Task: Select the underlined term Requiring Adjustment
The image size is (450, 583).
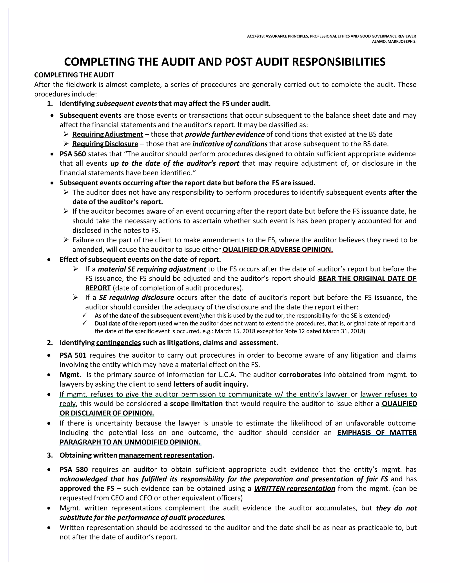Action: point(107,134)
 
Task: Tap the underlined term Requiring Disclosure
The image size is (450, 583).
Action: point(105,144)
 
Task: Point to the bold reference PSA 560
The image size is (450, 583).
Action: point(73,154)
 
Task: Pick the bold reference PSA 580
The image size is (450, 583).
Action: point(74,470)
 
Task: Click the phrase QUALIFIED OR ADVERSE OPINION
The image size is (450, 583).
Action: point(278,249)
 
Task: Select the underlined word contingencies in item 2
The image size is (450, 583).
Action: point(118,343)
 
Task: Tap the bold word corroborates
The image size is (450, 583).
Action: point(300,375)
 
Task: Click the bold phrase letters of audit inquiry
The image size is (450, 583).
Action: point(211,384)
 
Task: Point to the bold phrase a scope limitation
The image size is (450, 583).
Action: point(193,403)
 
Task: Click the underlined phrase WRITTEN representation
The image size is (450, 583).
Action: point(294,488)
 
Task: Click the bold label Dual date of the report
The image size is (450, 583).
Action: point(125,323)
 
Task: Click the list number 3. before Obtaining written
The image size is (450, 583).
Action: point(50,455)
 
